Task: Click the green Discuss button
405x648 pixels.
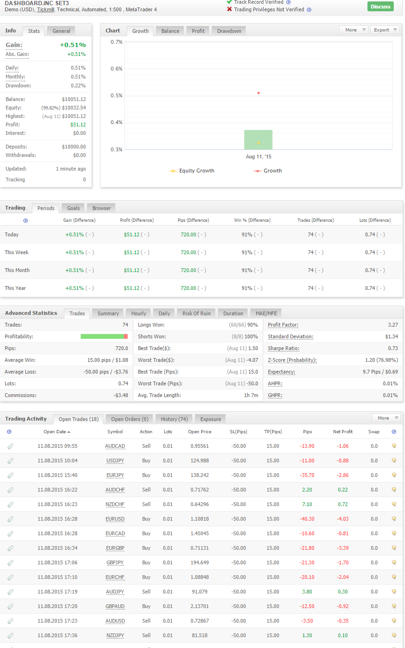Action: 380,7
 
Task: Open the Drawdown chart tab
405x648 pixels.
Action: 229,31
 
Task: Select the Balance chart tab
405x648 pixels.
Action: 170,31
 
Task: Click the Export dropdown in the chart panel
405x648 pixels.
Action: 384,30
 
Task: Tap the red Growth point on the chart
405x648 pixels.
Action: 259,93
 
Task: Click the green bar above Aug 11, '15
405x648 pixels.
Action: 258,140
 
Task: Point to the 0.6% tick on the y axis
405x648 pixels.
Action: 116,69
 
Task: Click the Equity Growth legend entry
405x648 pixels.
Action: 192,171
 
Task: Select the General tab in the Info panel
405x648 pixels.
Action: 61,31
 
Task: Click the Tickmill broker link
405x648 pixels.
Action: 46,9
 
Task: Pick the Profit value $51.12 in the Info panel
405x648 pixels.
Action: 78,125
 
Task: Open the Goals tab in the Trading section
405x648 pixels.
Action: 73,208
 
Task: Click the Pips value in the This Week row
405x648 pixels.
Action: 188,252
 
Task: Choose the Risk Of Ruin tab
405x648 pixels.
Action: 197,313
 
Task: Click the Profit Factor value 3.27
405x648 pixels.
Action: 393,325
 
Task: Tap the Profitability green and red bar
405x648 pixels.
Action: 104,336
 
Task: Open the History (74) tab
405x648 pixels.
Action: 174,419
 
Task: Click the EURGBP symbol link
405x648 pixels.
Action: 115,548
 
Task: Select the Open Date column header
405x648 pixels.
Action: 57,432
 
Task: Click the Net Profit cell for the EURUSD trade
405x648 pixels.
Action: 343,519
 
